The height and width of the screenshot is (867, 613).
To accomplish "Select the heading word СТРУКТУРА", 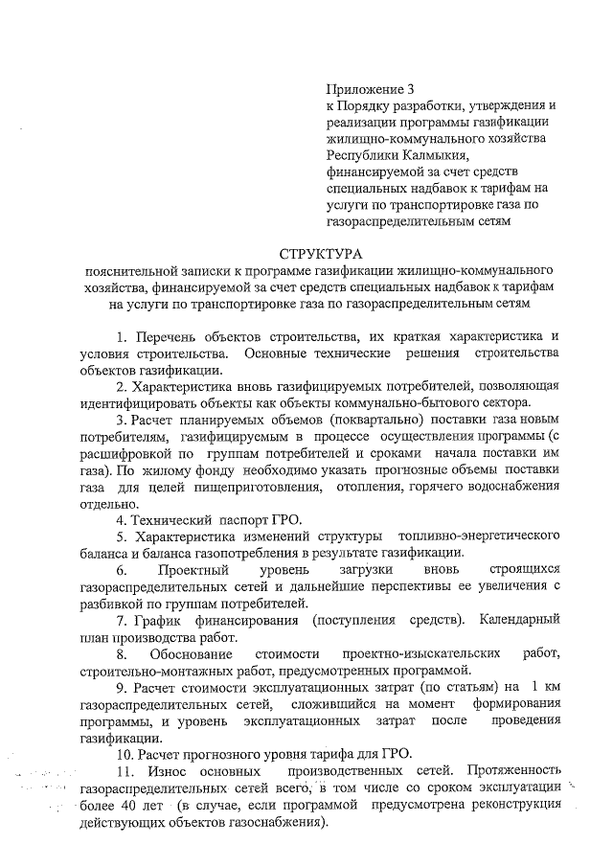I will coord(321,254).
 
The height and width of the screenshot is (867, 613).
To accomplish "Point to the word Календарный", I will coord(518,621).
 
